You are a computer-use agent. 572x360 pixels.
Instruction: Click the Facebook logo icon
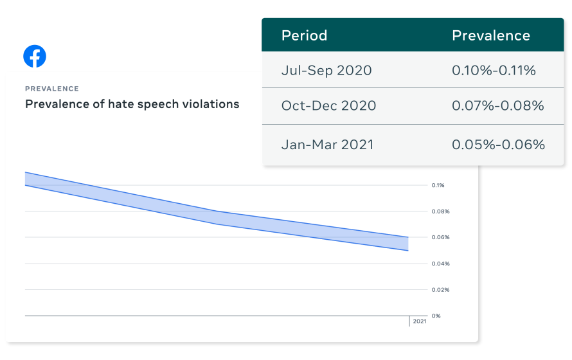pyautogui.click(x=35, y=57)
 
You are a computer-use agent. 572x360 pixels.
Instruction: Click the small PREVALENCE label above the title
pyautogui.click(x=52, y=89)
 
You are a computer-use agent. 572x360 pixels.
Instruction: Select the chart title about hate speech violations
pyautogui.click(x=132, y=104)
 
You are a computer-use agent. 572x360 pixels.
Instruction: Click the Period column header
pyautogui.click(x=304, y=35)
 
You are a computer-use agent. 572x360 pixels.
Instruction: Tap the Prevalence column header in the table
pyautogui.click(x=491, y=35)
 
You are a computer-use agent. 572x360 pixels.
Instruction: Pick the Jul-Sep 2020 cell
pyautogui.click(x=326, y=70)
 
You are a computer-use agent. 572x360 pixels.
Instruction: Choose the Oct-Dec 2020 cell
pyautogui.click(x=328, y=105)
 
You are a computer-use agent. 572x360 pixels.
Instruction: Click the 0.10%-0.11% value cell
pyautogui.click(x=494, y=70)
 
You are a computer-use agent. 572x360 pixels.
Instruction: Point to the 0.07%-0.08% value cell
pyautogui.click(x=497, y=105)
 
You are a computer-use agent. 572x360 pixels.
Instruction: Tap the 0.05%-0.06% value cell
pyautogui.click(x=498, y=144)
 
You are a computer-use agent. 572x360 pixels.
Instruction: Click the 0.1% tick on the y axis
pyautogui.click(x=438, y=185)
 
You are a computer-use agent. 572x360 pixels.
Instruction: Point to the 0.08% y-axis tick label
pyautogui.click(x=440, y=212)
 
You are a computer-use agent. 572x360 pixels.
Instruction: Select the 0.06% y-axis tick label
pyautogui.click(x=440, y=237)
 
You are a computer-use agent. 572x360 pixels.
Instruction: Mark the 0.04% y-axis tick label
pyautogui.click(x=440, y=264)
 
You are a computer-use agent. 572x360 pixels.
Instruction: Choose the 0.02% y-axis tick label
pyautogui.click(x=440, y=290)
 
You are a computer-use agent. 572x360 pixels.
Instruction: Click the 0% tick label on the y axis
pyautogui.click(x=436, y=316)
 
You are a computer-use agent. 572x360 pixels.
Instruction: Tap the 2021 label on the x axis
pyautogui.click(x=419, y=321)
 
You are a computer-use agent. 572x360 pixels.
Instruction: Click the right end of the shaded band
pyautogui.click(x=406, y=244)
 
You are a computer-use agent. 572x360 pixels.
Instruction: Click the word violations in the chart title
pyautogui.click(x=211, y=104)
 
